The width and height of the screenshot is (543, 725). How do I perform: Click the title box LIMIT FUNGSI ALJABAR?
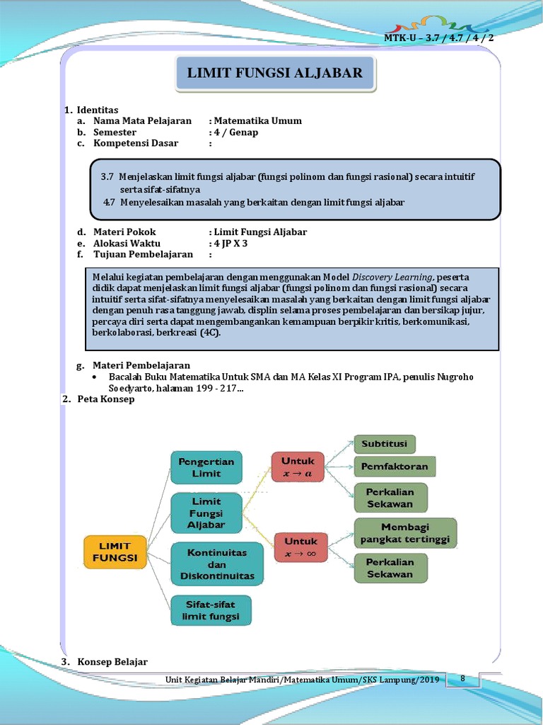[x=274, y=73]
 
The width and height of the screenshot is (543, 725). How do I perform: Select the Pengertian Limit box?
[x=206, y=467]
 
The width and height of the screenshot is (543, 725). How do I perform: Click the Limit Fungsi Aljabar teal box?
[x=206, y=513]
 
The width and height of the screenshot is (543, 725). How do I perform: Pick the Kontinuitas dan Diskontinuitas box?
[x=217, y=564]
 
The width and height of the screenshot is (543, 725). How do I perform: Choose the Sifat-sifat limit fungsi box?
[x=211, y=610]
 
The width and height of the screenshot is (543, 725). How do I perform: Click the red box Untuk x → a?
[x=298, y=467]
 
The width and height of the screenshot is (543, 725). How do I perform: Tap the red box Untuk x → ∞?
[x=300, y=547]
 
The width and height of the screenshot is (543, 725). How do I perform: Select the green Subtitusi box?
[x=385, y=444]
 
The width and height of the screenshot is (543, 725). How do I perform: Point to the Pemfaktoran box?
[x=395, y=467]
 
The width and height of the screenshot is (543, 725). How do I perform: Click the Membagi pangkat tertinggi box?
[x=405, y=533]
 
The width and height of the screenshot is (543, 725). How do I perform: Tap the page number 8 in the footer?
[x=462, y=679]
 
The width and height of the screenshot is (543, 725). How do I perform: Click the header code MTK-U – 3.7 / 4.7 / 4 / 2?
[x=439, y=38]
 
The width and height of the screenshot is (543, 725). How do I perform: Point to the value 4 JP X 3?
[x=230, y=243]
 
